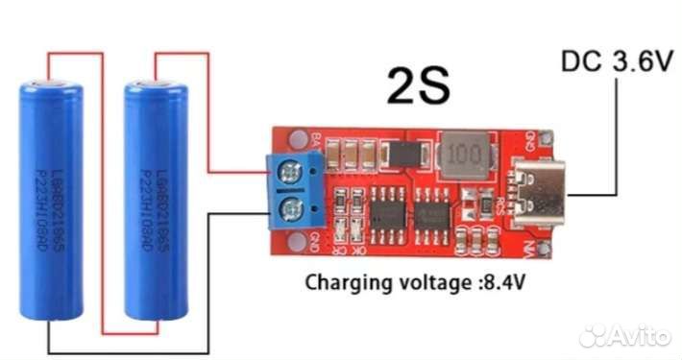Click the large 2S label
(x=418, y=87)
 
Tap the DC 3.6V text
(x=615, y=63)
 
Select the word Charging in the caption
(x=343, y=283)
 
